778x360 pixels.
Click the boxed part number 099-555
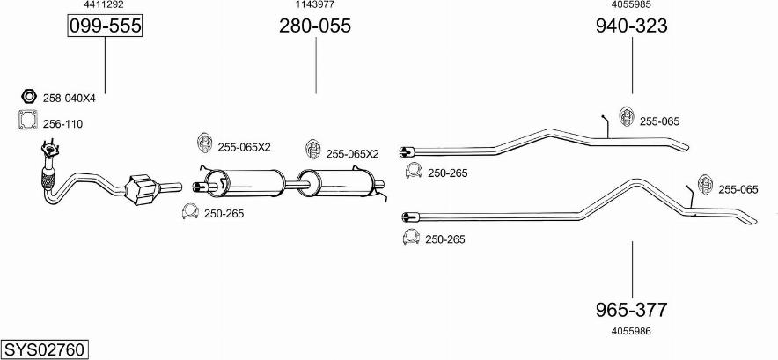click(105, 26)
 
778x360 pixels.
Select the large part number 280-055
click(315, 26)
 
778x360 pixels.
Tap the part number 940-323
click(632, 26)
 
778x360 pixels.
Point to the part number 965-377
click(632, 310)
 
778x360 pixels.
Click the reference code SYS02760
click(44, 349)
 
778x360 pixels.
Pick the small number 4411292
click(104, 4)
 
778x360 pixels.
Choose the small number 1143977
click(315, 4)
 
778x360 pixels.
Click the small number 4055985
click(632, 4)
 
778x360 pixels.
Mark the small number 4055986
click(632, 331)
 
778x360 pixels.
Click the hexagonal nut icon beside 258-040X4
click(28, 95)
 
